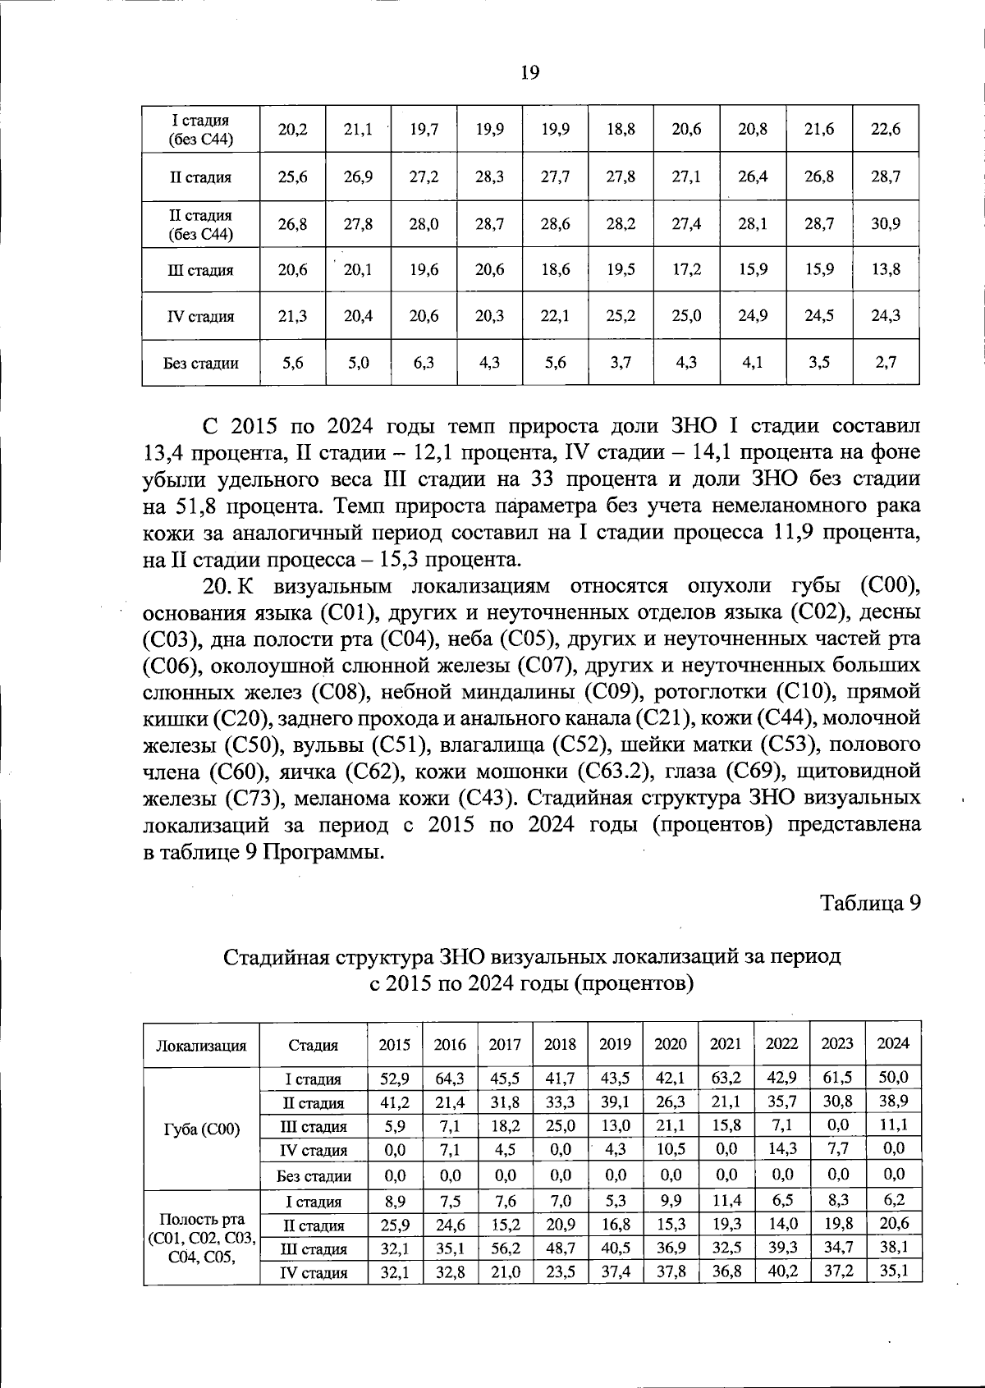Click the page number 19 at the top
point(529,73)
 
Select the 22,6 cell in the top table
point(885,130)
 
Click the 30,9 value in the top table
point(885,223)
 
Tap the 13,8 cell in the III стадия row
point(885,269)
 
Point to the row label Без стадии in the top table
point(201,363)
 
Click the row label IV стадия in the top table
point(201,316)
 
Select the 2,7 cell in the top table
point(885,362)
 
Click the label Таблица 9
point(870,903)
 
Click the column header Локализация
point(201,1045)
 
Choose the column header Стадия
point(314,1045)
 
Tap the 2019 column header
point(615,1044)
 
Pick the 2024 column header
point(893,1043)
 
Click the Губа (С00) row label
point(201,1129)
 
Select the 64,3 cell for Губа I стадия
point(450,1078)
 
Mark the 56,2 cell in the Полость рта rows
point(505,1248)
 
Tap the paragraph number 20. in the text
point(218,586)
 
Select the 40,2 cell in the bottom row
point(781,1271)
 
